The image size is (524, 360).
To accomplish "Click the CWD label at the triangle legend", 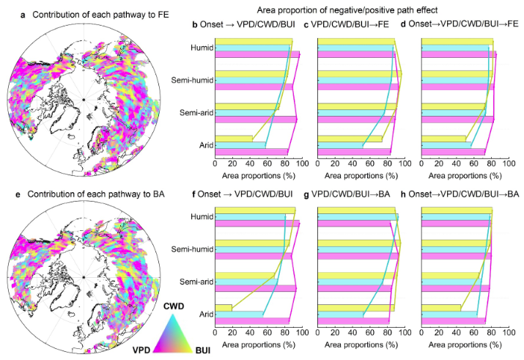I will [174, 303].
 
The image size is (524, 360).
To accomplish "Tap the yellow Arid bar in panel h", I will [440, 308].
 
